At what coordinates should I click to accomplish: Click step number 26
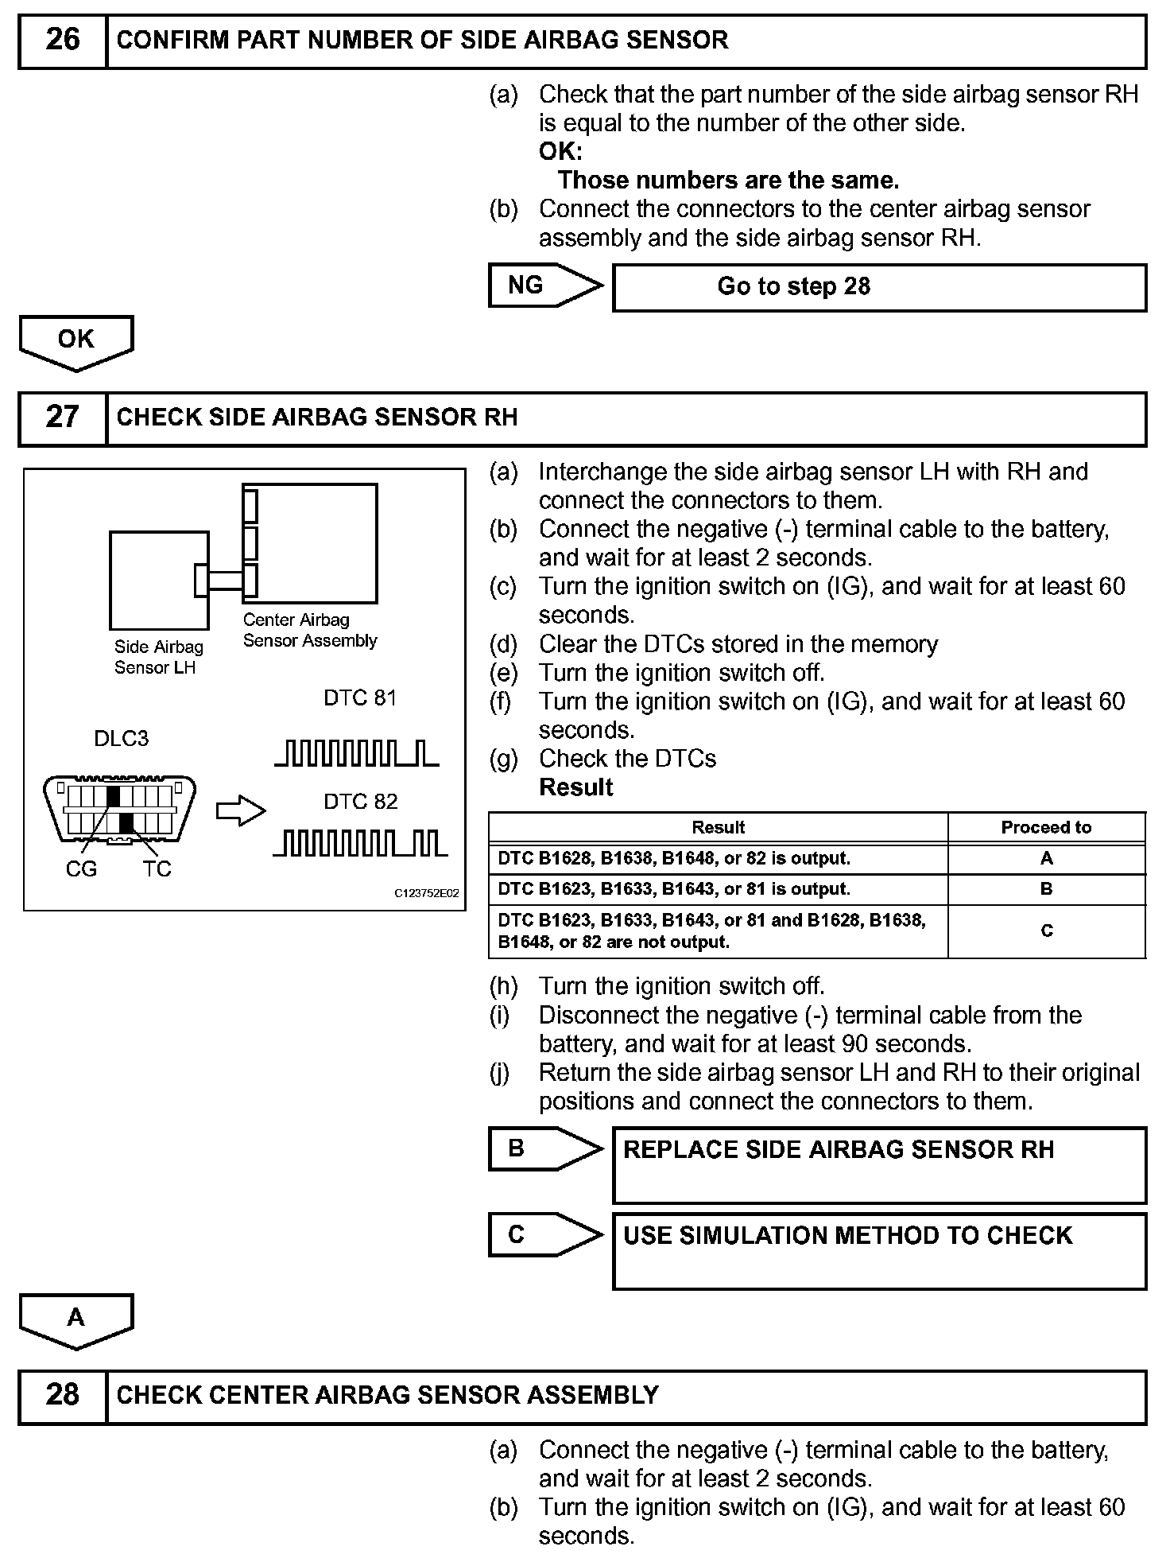pyautogui.click(x=62, y=40)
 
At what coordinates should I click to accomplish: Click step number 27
pyautogui.click(x=62, y=418)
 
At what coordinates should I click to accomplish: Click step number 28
pyautogui.click(x=62, y=1395)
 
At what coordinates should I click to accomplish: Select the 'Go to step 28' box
pyautogui.click(x=879, y=287)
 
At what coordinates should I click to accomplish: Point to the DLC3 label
pyautogui.click(x=121, y=739)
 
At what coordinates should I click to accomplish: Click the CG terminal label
pyautogui.click(x=81, y=869)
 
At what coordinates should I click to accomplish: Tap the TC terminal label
pyautogui.click(x=157, y=869)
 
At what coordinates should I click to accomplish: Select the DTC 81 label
pyautogui.click(x=360, y=697)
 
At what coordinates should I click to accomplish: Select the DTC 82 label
pyautogui.click(x=360, y=802)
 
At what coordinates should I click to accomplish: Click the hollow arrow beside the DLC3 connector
pyautogui.click(x=241, y=811)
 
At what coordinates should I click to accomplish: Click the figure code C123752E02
pyautogui.click(x=427, y=893)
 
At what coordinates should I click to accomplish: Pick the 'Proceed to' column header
pyautogui.click(x=1046, y=827)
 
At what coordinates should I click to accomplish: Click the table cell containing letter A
pyautogui.click(x=1046, y=858)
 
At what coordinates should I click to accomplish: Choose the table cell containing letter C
pyautogui.click(x=1046, y=931)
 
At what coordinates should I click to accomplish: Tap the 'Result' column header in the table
pyautogui.click(x=718, y=827)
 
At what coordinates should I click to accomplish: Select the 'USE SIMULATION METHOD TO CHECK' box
pyautogui.click(x=879, y=1250)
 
